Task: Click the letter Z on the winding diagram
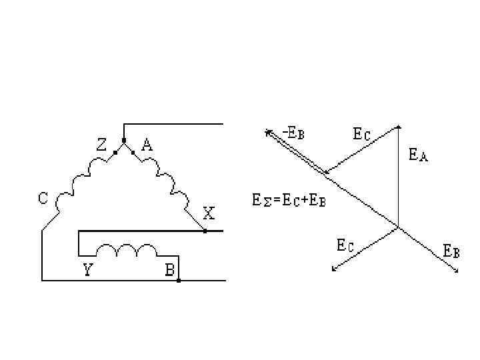[x=101, y=145]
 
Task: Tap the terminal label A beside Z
[x=147, y=145]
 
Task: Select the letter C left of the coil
[x=43, y=198]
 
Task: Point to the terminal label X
[x=209, y=215]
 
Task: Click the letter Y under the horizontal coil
[x=88, y=271]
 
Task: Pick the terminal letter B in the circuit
[x=170, y=271]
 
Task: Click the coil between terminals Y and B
[x=127, y=250]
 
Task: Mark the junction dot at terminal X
[x=205, y=231]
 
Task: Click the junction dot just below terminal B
[x=179, y=281]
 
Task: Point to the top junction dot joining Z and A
[x=123, y=141]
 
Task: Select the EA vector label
[x=418, y=156]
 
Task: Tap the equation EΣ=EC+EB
[x=289, y=199]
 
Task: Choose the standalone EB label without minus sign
[x=451, y=252]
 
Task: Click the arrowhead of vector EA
[x=399, y=127]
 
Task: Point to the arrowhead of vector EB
[x=457, y=271]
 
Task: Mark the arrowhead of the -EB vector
[x=267, y=132]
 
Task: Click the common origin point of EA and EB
[x=399, y=227]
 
